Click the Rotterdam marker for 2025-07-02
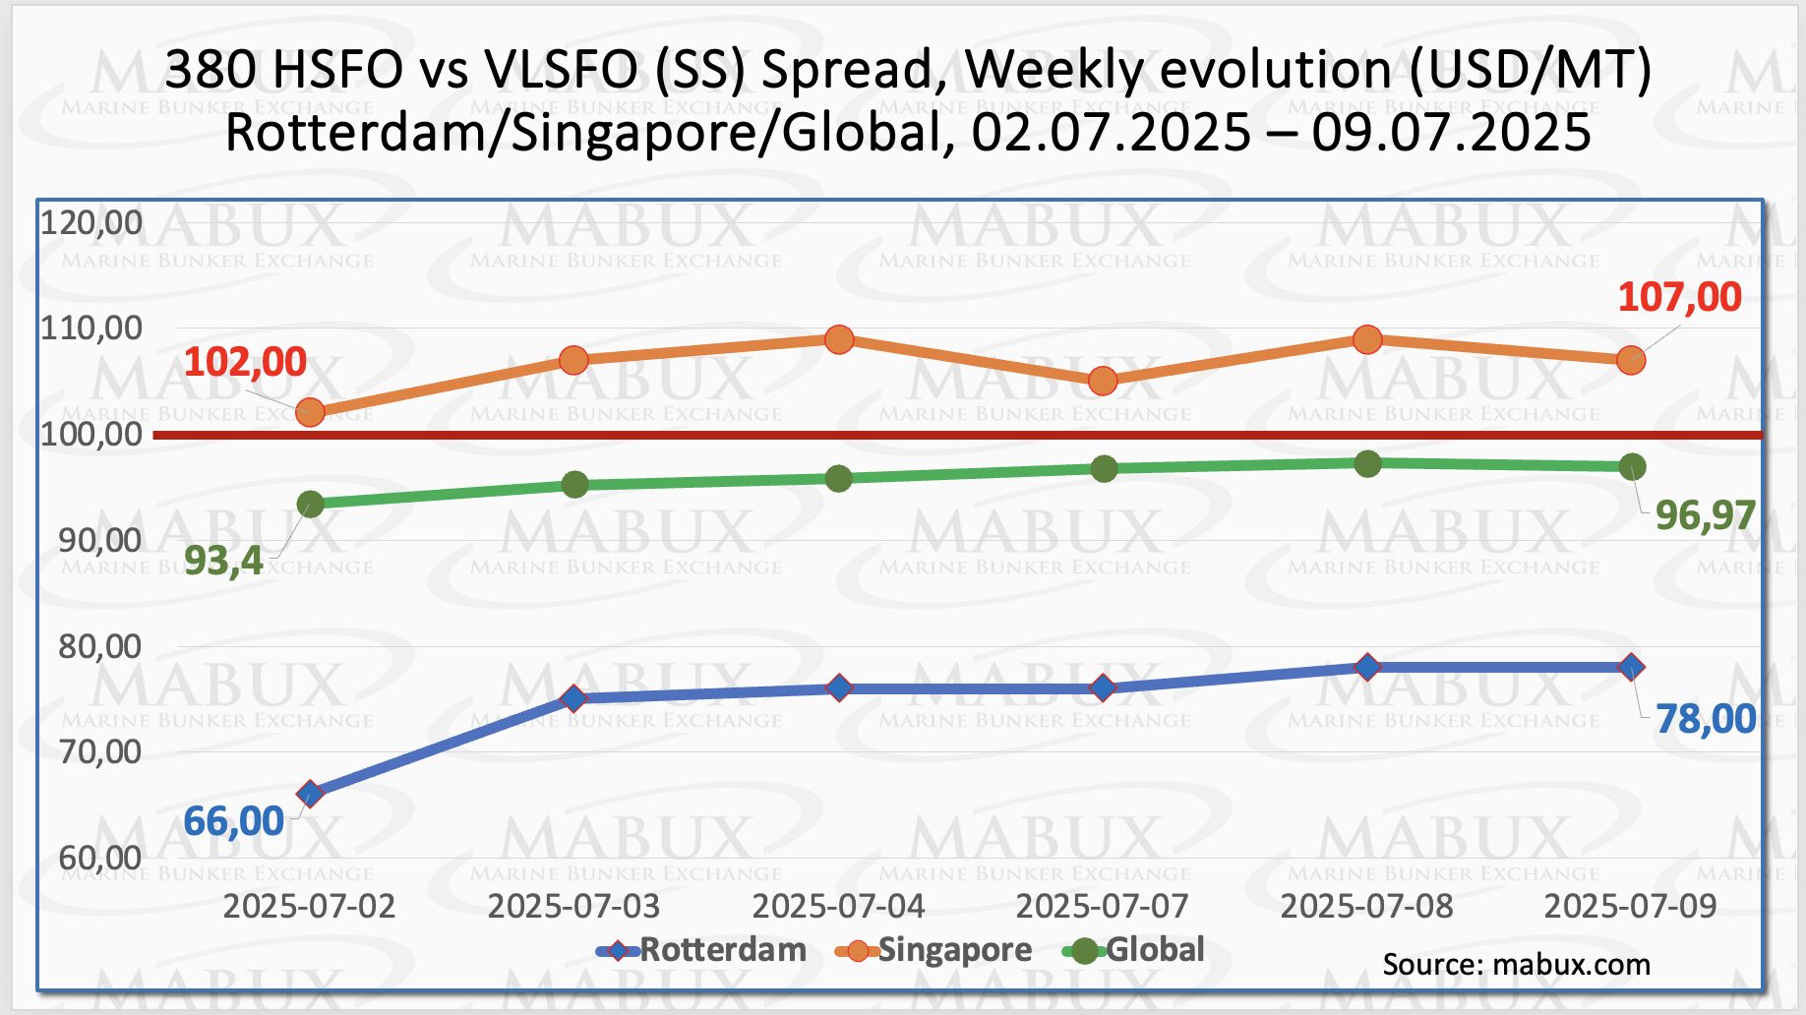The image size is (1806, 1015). [x=310, y=794]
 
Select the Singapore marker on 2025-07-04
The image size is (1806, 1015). [x=839, y=340]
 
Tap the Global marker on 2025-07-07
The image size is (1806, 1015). [x=1104, y=468]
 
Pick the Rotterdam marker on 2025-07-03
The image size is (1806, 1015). [x=573, y=698]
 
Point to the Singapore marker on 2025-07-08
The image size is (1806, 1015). [x=1367, y=340]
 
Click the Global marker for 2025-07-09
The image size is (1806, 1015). [x=1632, y=466]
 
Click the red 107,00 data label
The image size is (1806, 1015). [x=1679, y=297]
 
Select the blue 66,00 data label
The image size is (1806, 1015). [x=233, y=821]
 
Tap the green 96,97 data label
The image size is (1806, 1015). [x=1705, y=515]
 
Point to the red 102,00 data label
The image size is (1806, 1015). [x=245, y=362]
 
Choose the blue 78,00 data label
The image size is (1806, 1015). [x=1705, y=719]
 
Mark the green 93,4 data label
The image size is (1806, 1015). [x=223, y=561]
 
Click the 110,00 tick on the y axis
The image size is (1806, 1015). [x=91, y=328]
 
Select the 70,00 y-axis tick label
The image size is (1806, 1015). [x=99, y=752]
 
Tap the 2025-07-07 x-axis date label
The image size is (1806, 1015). [x=1102, y=906]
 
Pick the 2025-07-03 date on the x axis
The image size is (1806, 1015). [x=573, y=906]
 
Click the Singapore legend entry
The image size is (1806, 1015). [x=934, y=950]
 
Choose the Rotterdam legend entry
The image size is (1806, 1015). [x=702, y=950]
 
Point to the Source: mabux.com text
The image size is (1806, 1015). [x=1516, y=965]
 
